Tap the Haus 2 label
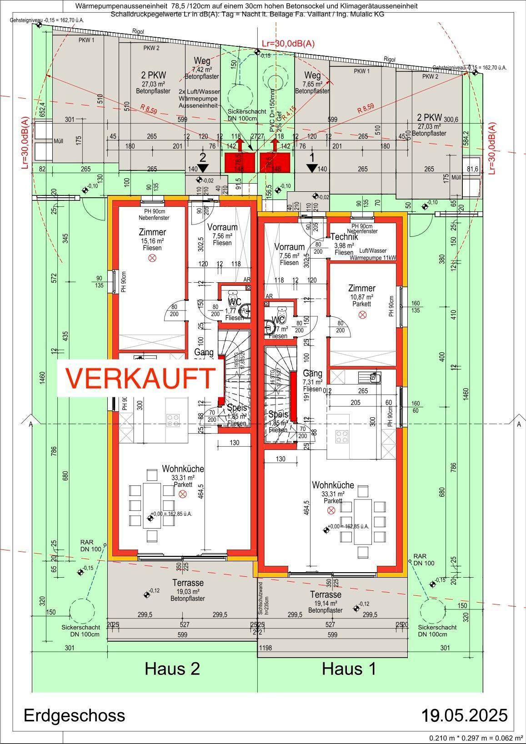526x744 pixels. point(172,669)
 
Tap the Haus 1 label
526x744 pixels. point(349,669)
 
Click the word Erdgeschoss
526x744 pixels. point(74,715)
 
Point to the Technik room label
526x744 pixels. point(344,237)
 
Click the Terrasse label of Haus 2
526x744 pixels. point(188,583)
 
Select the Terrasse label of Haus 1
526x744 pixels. point(326,594)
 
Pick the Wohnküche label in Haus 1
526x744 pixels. point(333,485)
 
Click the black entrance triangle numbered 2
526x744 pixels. point(203,167)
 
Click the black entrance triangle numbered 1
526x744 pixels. point(311,168)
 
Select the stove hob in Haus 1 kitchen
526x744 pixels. point(342,436)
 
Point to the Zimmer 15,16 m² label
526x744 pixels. point(152,233)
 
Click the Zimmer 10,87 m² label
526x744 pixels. point(362,288)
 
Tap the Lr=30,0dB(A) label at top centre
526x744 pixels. point(288,44)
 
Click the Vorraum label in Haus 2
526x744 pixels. point(222,227)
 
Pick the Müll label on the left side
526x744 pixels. point(58,141)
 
